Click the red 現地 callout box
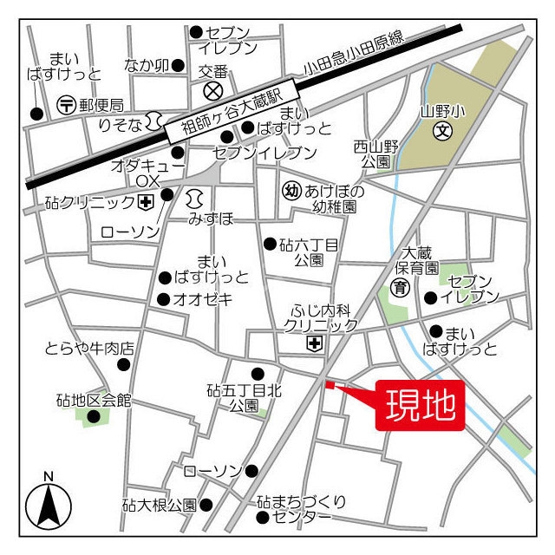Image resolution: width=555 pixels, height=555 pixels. (421, 405)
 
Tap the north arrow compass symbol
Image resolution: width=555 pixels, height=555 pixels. (49, 506)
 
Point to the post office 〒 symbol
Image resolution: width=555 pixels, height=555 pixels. (67, 104)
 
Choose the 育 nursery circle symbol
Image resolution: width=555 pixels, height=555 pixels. (401, 287)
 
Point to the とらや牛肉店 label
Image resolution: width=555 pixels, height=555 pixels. (89, 349)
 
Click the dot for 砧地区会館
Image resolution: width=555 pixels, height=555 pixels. (93, 416)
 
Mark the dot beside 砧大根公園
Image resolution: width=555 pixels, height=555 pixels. (206, 504)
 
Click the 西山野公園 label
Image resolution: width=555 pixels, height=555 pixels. (375, 154)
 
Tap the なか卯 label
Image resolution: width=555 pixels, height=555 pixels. (146, 65)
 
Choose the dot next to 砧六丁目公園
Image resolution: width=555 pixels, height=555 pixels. (271, 244)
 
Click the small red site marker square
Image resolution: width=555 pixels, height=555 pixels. (329, 384)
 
